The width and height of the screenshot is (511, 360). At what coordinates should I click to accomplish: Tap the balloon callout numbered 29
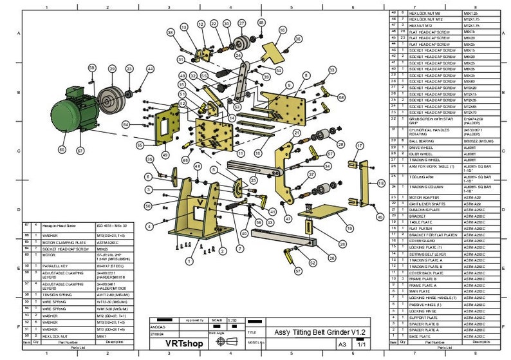112,68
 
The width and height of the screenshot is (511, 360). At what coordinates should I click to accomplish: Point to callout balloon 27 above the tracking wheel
241,23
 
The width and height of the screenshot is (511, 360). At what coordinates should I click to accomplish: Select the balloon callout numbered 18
380,184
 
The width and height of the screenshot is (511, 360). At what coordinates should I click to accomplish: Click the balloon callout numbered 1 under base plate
189,261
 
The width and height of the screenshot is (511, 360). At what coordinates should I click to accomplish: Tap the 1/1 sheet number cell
360,345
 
